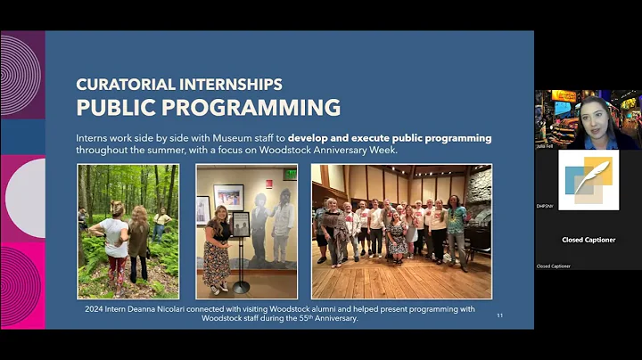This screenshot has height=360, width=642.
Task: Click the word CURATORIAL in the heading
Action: (x=135, y=85)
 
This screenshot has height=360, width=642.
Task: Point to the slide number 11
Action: (x=499, y=315)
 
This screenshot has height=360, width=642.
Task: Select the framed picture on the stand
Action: (x=241, y=223)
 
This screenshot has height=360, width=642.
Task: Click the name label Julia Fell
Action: (x=545, y=146)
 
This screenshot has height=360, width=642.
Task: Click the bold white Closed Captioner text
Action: (x=588, y=240)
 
